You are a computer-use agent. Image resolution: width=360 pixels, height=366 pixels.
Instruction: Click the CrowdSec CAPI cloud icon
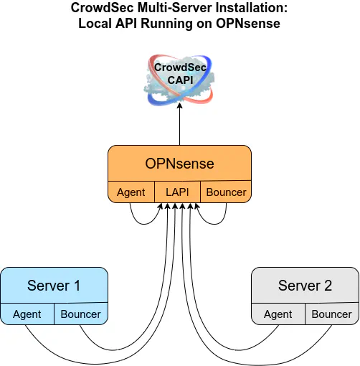[179, 80]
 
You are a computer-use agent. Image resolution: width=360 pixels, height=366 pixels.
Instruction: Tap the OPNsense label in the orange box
[179, 164]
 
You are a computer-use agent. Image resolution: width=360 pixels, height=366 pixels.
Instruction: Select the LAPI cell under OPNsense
[177, 192]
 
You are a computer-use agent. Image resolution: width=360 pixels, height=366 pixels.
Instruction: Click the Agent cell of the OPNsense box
[131, 192]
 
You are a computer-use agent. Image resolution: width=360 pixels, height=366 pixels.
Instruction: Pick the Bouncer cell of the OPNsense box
[226, 192]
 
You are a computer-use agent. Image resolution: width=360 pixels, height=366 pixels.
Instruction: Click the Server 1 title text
[54, 286]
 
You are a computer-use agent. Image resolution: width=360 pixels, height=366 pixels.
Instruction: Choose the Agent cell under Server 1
[27, 314]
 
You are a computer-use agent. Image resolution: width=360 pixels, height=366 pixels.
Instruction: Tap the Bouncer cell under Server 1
[81, 314]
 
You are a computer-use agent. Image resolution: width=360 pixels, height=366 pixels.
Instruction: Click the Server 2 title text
[305, 286]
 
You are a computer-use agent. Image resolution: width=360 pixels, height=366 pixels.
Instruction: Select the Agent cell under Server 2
[278, 314]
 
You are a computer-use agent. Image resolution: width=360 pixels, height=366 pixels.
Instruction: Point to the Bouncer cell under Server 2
[332, 314]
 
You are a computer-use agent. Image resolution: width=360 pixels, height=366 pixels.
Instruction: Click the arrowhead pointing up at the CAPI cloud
[180, 105]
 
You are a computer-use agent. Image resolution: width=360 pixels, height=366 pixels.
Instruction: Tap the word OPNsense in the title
[248, 24]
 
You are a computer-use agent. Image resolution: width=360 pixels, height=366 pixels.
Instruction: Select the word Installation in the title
[252, 8]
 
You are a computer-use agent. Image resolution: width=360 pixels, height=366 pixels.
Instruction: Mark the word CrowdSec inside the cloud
[180, 67]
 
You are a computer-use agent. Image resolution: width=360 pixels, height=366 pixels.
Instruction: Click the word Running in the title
[166, 24]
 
